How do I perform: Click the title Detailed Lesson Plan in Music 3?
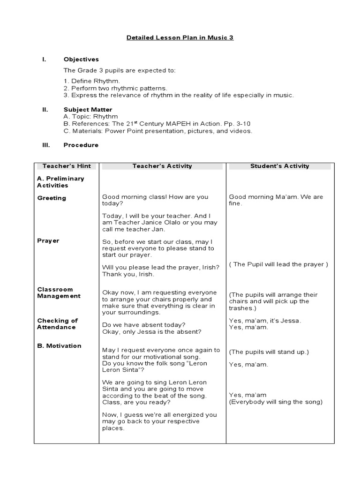180,37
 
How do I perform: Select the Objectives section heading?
81,60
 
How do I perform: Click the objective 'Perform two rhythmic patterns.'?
115,88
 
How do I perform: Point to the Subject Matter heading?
88,110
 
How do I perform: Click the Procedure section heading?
81,145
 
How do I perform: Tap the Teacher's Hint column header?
67,166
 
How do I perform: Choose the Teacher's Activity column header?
162,166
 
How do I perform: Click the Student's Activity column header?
280,166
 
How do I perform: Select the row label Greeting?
52,198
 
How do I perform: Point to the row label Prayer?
48,241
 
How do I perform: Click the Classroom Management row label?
59,293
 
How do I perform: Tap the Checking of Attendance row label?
57,324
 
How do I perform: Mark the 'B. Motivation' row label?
59,346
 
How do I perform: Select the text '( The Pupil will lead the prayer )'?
278,264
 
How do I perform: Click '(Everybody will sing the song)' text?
276,402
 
